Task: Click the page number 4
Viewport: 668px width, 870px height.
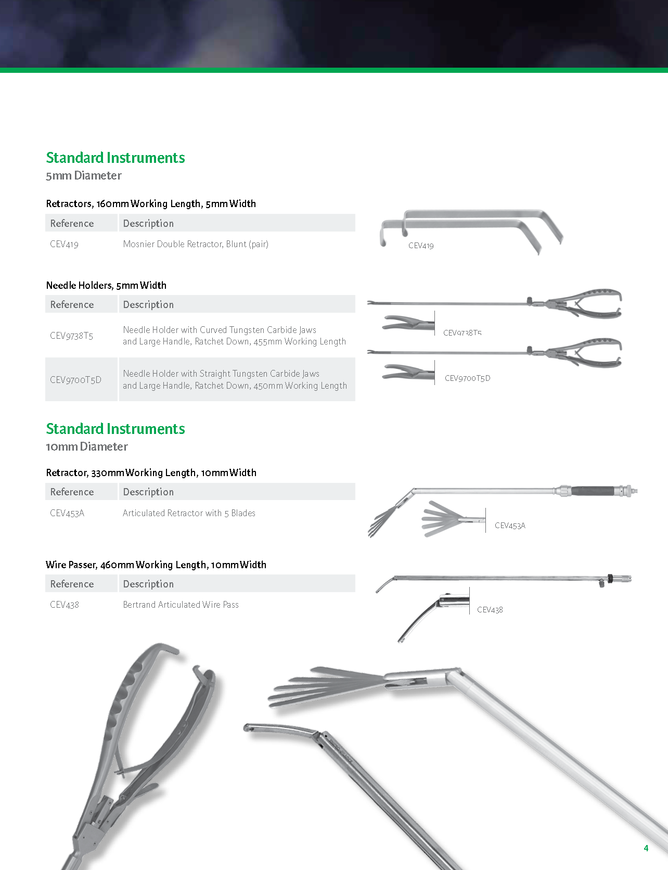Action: pos(646,848)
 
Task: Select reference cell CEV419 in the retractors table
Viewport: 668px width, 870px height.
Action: pos(65,244)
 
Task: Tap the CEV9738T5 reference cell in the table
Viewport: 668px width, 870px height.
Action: pos(72,336)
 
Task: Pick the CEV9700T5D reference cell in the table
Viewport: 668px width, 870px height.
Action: pos(75,380)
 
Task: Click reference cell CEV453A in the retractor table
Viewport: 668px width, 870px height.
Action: pos(67,513)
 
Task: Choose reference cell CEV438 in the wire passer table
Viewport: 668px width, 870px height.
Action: pos(65,605)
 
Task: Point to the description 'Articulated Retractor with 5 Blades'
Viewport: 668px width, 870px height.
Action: pos(189,513)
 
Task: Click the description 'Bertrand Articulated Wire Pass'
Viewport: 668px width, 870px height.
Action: pos(181,605)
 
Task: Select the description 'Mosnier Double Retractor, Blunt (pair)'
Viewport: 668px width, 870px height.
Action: pos(196,244)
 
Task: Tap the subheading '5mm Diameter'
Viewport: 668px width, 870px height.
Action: pos(84,176)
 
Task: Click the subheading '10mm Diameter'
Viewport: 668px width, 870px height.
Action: pos(87,447)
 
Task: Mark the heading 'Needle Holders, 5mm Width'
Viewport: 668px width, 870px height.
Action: pos(106,285)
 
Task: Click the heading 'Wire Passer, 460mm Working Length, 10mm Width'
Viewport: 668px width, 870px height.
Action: pos(156,565)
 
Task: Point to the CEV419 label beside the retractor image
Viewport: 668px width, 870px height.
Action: pos(421,246)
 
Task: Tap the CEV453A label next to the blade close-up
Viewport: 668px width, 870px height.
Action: pos(510,526)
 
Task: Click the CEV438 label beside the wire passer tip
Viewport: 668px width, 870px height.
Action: pos(490,610)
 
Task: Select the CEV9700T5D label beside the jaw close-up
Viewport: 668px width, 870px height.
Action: pos(467,378)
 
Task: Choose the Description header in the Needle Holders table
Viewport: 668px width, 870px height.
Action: pos(148,304)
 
